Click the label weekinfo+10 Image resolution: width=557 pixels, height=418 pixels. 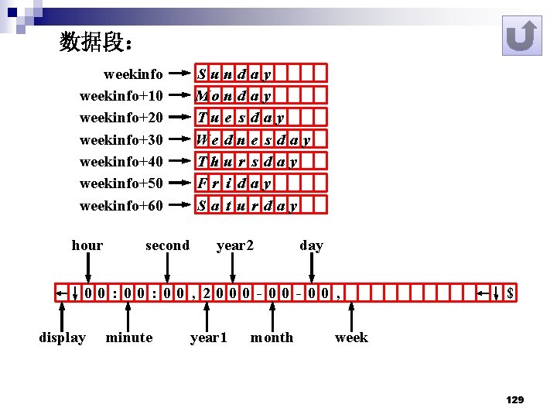pyautogui.click(x=121, y=96)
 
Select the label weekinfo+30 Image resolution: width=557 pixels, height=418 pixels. pyautogui.click(x=121, y=140)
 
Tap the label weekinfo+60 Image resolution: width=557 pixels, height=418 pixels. pyautogui.click(x=121, y=206)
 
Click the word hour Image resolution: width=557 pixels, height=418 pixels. pyautogui.click(x=87, y=245)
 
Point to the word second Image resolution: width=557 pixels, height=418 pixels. pyautogui.click(x=167, y=245)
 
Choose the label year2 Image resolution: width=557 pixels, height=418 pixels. pyautogui.click(x=235, y=245)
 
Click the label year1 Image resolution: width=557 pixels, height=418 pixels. pyautogui.click(x=209, y=337)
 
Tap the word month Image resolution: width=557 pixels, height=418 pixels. pyautogui.click(x=272, y=337)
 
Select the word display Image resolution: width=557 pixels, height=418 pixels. pyautogui.click(x=62, y=337)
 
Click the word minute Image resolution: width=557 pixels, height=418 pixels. pyautogui.click(x=129, y=337)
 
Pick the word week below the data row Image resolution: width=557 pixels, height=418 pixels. pyautogui.click(x=351, y=337)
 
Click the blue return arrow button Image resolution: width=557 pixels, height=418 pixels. pyautogui.click(x=521, y=36)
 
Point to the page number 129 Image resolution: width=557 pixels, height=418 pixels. pyautogui.click(x=514, y=399)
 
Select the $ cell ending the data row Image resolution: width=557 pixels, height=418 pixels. pyautogui.click(x=510, y=293)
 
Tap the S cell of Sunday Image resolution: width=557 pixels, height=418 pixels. pyautogui.click(x=202, y=75)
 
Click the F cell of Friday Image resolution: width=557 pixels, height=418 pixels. pyautogui.click(x=202, y=184)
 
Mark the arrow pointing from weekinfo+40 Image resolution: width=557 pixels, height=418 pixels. pyautogui.click(x=180, y=162)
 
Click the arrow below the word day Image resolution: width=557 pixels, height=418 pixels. pyautogui.click(x=311, y=269)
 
